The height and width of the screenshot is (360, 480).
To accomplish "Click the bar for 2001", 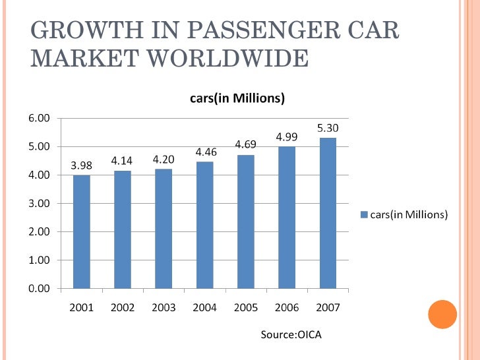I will (81, 231).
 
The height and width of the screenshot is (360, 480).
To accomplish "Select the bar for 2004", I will (204, 225).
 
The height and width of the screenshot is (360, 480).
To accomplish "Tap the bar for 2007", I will (328, 213).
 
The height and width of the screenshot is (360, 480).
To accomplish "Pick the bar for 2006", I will (287, 218).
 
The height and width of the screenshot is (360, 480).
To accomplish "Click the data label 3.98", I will (81, 166).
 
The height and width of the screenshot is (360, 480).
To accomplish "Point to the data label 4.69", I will (245, 144).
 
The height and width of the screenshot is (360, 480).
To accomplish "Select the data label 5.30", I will (328, 127).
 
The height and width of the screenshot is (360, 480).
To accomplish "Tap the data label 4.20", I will (164, 160).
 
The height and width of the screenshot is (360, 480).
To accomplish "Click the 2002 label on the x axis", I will (123, 307).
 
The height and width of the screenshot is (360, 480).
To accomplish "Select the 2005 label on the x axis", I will (245, 307).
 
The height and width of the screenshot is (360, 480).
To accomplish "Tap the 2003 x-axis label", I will (164, 307).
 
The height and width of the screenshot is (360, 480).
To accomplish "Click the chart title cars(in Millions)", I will (233, 99).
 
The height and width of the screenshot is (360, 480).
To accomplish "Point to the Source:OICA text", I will (291, 336).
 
